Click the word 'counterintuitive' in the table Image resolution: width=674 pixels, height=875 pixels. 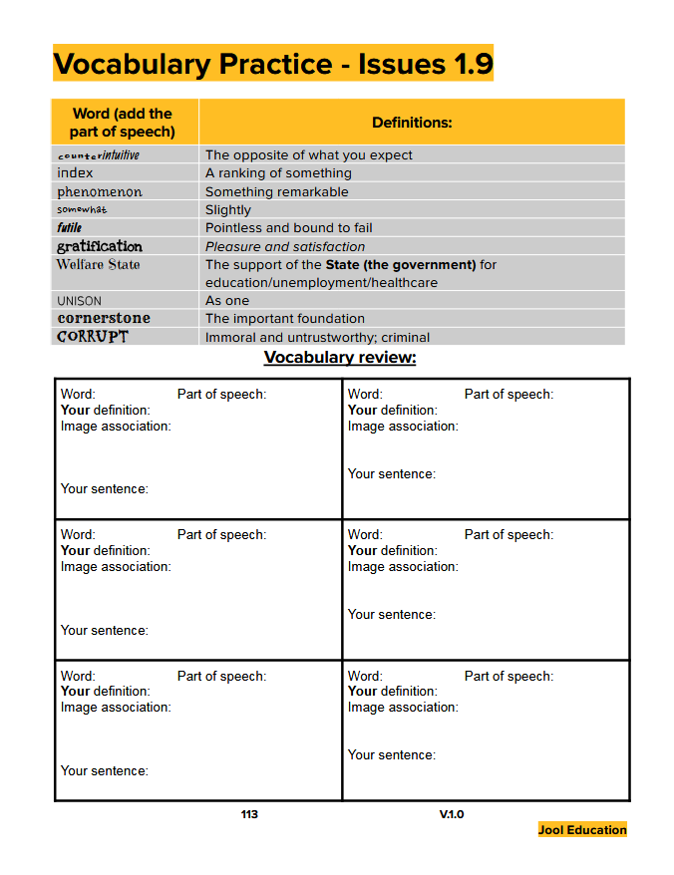pyautogui.click(x=99, y=155)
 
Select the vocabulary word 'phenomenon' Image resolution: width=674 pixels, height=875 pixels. pyautogui.click(x=100, y=191)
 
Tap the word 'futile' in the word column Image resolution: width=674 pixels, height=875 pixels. pyautogui.click(x=70, y=228)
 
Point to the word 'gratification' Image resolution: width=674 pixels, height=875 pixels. pyautogui.click(x=100, y=246)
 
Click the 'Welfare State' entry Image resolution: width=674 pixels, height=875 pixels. pyautogui.click(x=98, y=264)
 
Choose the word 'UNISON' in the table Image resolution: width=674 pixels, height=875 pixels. pyautogui.click(x=79, y=300)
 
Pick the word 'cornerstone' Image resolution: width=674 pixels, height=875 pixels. pyautogui.click(x=104, y=318)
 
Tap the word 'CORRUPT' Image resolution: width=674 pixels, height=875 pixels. pyautogui.click(x=93, y=337)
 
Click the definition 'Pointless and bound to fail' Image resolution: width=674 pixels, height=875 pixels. pyautogui.click(x=289, y=228)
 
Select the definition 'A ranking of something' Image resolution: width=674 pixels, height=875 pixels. pyautogui.click(x=278, y=173)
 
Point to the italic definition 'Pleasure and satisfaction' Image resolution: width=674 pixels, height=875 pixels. pyautogui.click(x=285, y=246)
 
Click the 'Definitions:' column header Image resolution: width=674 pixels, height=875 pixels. pyautogui.click(x=412, y=123)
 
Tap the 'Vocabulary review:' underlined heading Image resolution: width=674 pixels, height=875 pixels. pyautogui.click(x=340, y=358)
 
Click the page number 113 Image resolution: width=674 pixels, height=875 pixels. pyautogui.click(x=249, y=814)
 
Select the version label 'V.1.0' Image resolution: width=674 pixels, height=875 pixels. pyautogui.click(x=452, y=814)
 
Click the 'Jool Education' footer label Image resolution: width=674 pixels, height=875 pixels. pyautogui.click(x=582, y=829)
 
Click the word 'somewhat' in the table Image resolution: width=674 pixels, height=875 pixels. pyautogui.click(x=82, y=209)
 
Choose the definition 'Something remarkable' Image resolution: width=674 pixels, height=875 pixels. pyautogui.click(x=277, y=191)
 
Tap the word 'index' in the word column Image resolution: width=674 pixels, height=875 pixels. pyautogui.click(x=75, y=173)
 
